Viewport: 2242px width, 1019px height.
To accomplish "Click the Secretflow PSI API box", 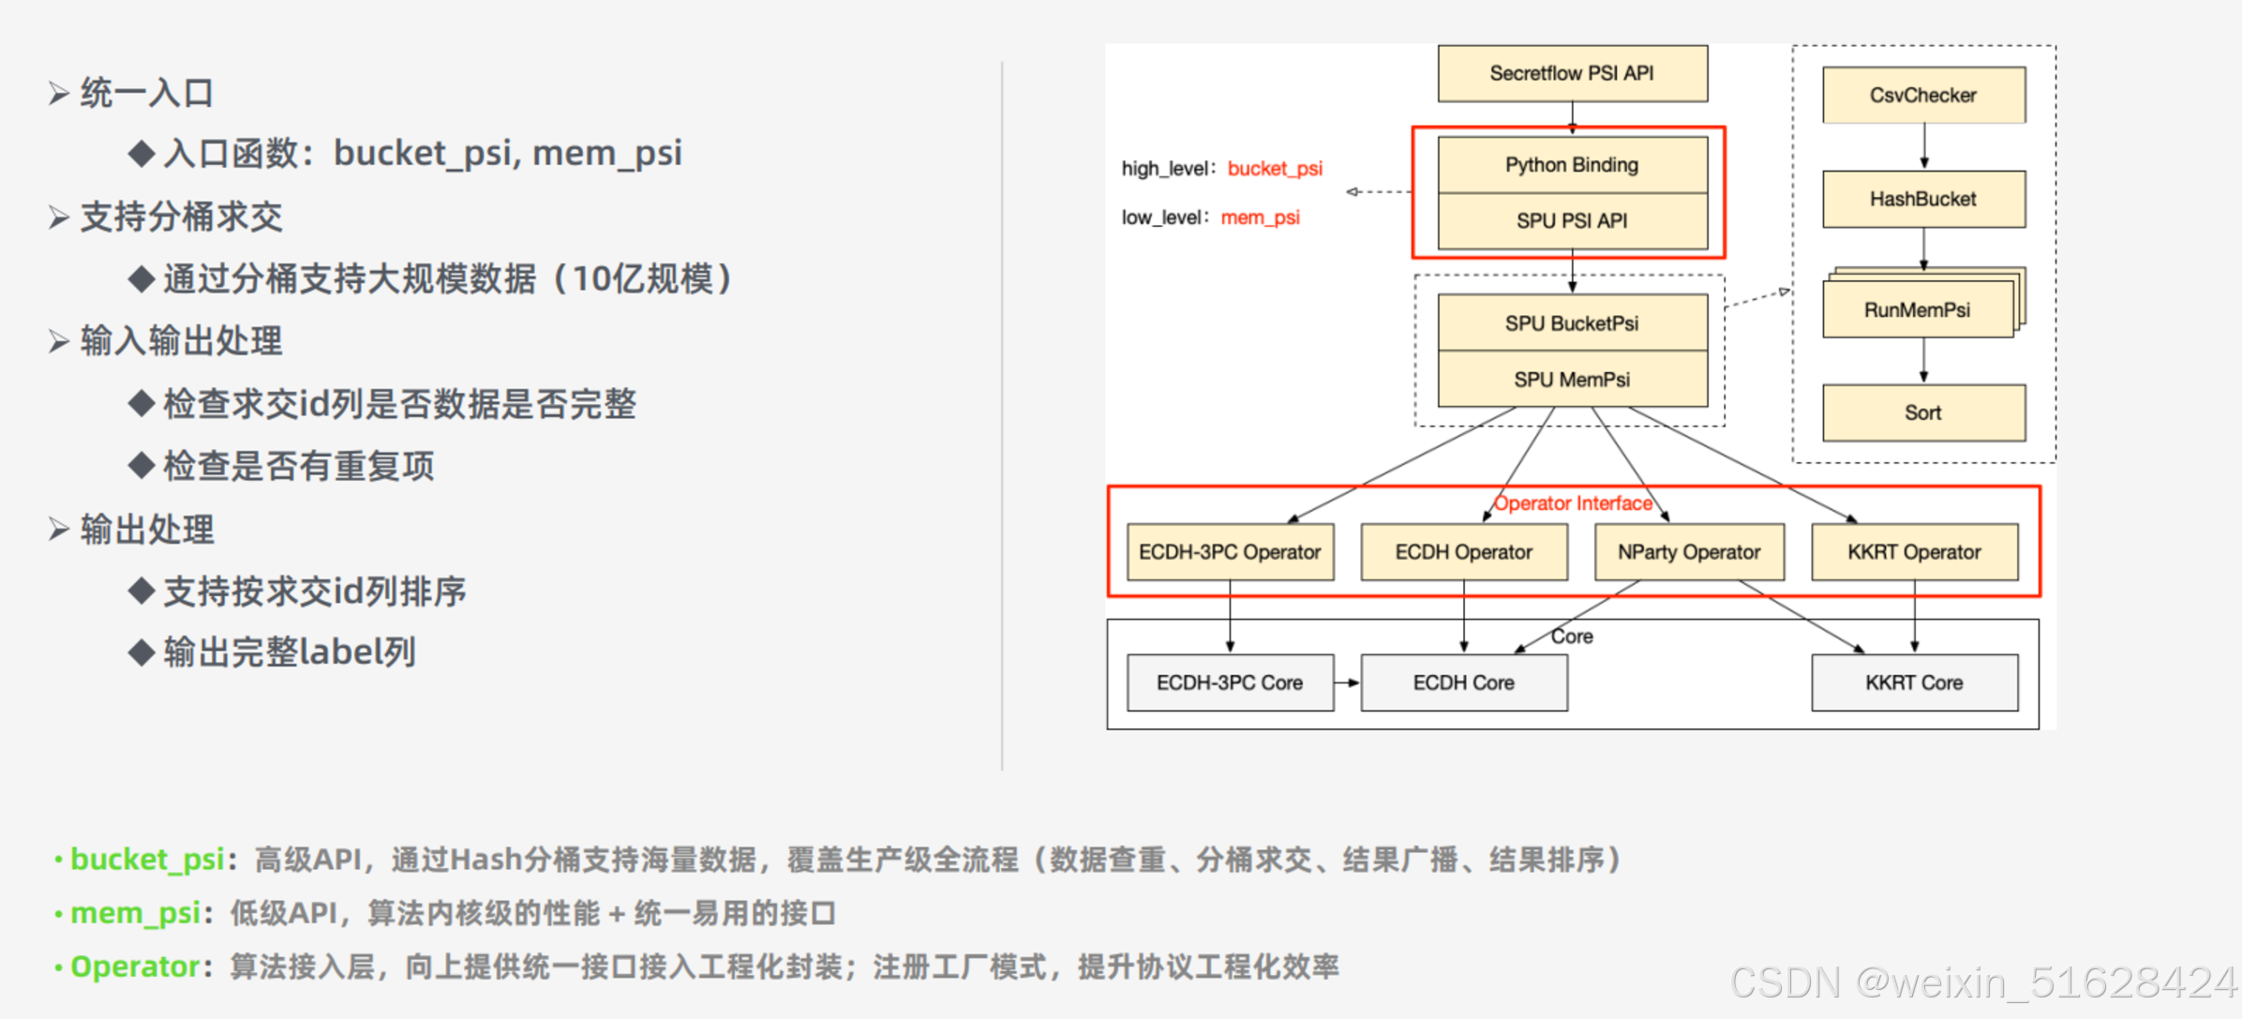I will (1572, 73).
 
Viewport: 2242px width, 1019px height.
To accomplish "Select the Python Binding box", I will (1572, 165).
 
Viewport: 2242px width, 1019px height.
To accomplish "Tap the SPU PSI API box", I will (1572, 221).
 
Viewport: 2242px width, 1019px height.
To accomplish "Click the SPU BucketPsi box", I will (1572, 323).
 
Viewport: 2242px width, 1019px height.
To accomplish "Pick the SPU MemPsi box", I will (1572, 380).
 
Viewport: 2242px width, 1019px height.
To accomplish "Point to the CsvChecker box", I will (1923, 95).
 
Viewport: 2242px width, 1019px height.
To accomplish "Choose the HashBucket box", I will (1923, 199).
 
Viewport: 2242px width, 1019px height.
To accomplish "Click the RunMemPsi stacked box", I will (1918, 309).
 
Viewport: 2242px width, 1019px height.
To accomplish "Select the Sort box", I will (1923, 412).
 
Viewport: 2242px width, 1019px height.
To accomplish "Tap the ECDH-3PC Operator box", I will (1230, 552).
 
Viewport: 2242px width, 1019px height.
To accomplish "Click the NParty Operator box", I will (1689, 552).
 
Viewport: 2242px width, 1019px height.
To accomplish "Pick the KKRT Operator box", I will (1914, 552).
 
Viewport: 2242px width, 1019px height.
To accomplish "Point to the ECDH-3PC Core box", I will (1230, 682).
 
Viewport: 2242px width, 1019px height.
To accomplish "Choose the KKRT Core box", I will (1914, 682).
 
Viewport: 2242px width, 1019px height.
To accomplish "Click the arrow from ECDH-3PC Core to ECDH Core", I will (1347, 682).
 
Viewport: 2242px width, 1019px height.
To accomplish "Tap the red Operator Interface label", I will (1573, 503).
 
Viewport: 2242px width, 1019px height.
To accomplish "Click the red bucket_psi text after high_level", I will (1275, 169).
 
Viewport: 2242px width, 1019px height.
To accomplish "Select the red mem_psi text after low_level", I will (1260, 217).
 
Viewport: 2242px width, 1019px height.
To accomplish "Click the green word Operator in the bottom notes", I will (135, 967).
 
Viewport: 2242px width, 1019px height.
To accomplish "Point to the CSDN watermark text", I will (1982, 982).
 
